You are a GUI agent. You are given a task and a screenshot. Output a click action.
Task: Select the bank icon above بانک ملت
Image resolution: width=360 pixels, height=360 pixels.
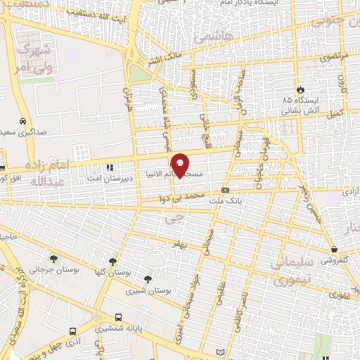pyautogui.click(x=224, y=190)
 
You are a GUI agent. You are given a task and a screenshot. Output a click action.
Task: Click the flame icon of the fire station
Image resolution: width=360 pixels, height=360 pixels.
pyautogui.click(x=300, y=89)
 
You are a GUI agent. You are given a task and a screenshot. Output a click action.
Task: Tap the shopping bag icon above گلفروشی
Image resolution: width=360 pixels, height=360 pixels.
pyautogui.click(x=334, y=249)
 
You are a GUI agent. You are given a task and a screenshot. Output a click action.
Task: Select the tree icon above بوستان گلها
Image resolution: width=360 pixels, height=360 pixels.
pyautogui.click(x=112, y=260)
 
